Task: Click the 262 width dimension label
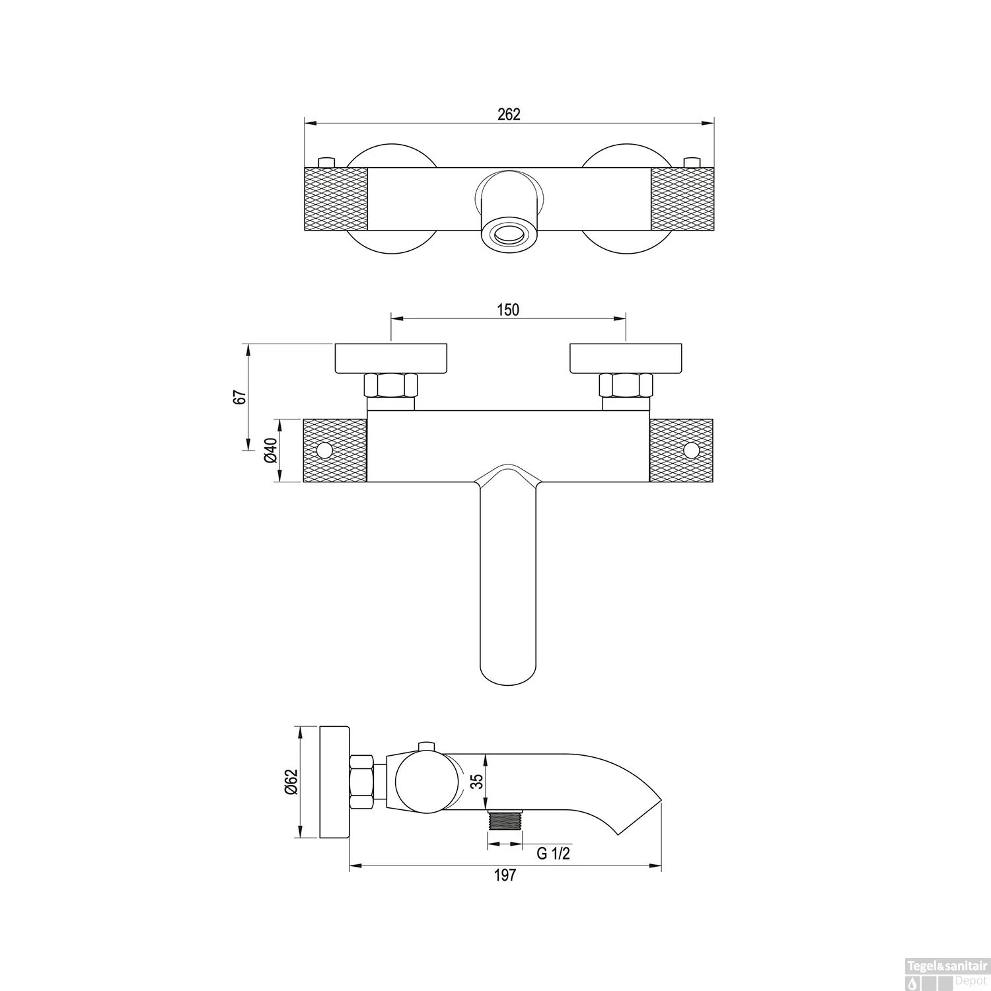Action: (x=509, y=114)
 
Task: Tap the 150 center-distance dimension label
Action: (x=508, y=309)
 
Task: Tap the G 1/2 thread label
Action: (x=553, y=854)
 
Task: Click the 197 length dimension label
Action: (x=505, y=875)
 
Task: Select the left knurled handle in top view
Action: (x=335, y=199)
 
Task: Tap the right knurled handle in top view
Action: (x=682, y=199)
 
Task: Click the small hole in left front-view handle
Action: (x=324, y=451)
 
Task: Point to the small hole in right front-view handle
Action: (x=692, y=451)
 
